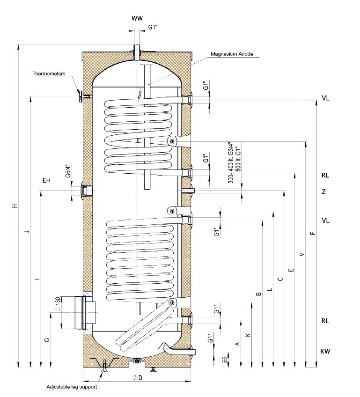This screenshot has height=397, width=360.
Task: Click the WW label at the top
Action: click(136, 18)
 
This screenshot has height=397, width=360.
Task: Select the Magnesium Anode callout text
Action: click(232, 54)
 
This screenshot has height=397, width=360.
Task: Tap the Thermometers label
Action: click(49, 74)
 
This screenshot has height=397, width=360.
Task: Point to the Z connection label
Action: click(323, 192)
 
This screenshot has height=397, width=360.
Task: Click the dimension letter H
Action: click(15, 206)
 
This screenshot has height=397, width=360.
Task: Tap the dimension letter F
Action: click(313, 233)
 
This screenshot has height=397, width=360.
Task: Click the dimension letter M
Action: click(302, 254)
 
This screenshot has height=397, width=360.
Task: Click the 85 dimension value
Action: click(224, 360)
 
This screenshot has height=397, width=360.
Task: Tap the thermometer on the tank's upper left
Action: click(81, 96)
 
